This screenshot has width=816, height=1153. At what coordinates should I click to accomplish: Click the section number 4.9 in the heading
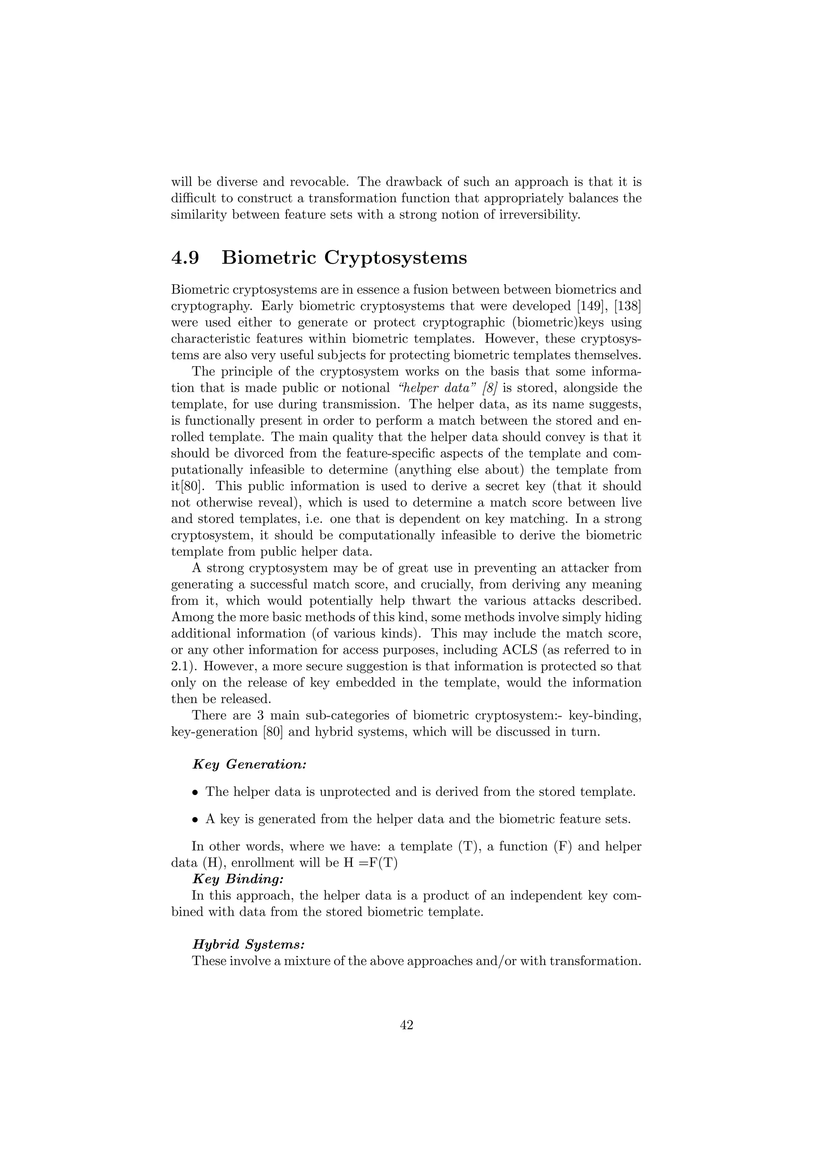(x=185, y=258)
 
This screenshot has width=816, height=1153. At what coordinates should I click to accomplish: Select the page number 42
(x=406, y=1025)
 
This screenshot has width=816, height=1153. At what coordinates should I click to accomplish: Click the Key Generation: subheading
(x=249, y=764)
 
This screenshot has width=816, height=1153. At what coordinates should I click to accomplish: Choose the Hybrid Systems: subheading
(x=248, y=944)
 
